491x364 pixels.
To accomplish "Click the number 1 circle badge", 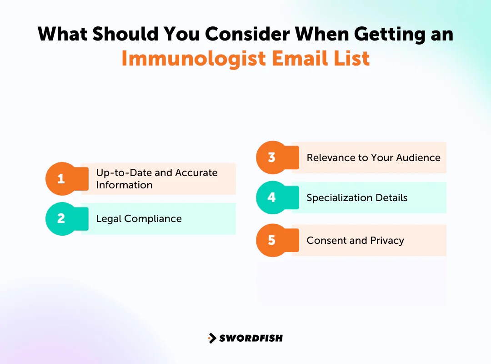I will (x=61, y=179).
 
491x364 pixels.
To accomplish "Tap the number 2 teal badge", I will (x=61, y=219).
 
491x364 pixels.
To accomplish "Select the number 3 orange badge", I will (x=272, y=157).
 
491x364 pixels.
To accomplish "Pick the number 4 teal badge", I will (x=272, y=197).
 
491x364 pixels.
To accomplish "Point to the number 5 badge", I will (x=272, y=240).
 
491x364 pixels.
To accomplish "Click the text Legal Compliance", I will (x=139, y=219).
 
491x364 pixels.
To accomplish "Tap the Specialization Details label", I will (x=357, y=198).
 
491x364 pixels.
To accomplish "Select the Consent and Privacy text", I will (x=355, y=241).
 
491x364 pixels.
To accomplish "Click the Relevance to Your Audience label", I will (x=373, y=158).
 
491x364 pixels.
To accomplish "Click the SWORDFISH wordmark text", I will (x=251, y=338).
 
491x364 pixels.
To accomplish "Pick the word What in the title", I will (x=65, y=34).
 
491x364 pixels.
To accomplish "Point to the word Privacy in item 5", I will (x=387, y=241).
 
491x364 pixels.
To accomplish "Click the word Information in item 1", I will (x=124, y=185).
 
